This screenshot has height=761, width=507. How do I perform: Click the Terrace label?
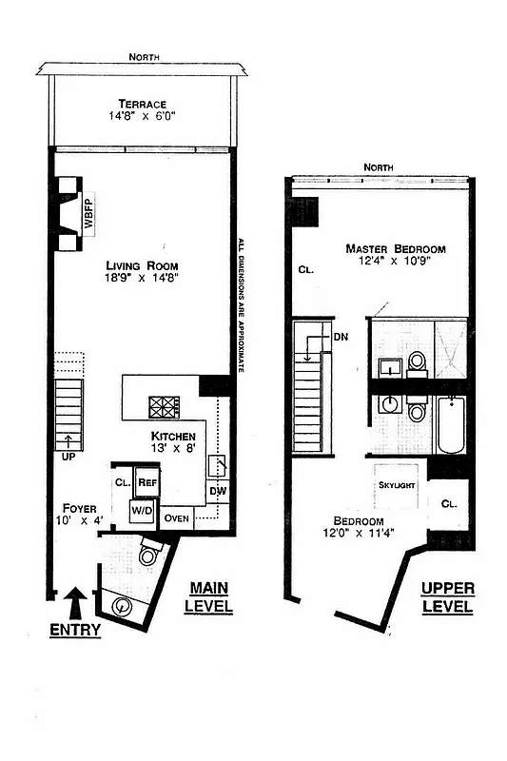[x=143, y=104]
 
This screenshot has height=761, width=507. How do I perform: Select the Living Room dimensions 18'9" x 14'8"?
[x=142, y=279]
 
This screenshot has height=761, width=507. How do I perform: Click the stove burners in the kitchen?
[x=163, y=407]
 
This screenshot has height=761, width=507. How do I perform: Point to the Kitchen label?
[x=173, y=436]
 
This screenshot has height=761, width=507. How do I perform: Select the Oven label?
[x=177, y=518]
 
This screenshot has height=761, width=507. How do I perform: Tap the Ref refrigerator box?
[x=147, y=481]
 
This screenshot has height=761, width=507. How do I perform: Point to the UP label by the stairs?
[x=68, y=457]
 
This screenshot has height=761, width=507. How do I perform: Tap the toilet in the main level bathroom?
[x=149, y=554]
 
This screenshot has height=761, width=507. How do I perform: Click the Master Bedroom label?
[x=396, y=248]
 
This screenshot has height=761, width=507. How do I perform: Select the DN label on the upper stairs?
[x=341, y=337]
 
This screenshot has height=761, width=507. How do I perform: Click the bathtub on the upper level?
[x=451, y=424]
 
